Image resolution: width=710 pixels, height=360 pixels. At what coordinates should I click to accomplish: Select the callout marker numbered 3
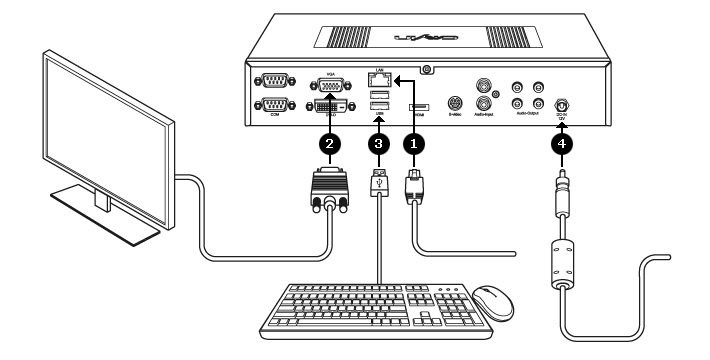click(x=378, y=143)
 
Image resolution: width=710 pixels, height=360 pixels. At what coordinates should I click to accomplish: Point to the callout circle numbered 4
click(x=563, y=143)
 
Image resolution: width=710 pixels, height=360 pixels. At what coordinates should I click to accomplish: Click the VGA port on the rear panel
click(x=331, y=84)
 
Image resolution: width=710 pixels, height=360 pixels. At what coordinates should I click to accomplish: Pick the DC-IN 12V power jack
click(x=563, y=103)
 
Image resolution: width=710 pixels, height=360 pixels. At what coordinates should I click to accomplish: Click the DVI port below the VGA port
click(x=331, y=106)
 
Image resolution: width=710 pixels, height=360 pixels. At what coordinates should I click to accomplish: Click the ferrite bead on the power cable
click(x=563, y=261)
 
